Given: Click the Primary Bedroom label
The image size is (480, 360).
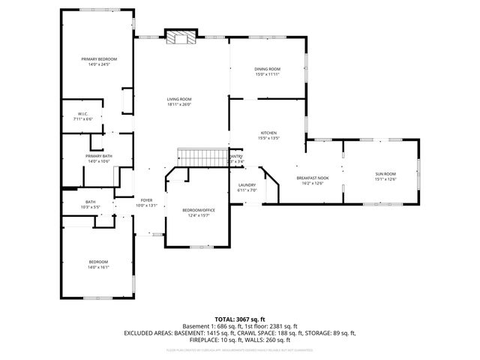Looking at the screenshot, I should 99,58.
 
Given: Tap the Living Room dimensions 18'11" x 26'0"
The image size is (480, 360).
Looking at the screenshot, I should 179,104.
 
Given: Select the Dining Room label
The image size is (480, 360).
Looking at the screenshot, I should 267,69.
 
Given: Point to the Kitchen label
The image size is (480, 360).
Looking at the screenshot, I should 268,133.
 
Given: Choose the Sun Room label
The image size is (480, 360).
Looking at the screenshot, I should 385,174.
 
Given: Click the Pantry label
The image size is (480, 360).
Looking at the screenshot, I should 235,156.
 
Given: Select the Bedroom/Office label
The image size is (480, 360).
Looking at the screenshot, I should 199,210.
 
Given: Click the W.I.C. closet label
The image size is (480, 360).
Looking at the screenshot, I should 82,114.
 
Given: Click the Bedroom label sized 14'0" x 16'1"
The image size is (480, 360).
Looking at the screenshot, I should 99,261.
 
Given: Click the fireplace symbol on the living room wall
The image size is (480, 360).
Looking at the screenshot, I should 180,38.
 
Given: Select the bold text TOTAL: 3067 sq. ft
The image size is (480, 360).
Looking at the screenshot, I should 239,319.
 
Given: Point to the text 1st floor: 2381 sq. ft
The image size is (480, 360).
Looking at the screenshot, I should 270,326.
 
